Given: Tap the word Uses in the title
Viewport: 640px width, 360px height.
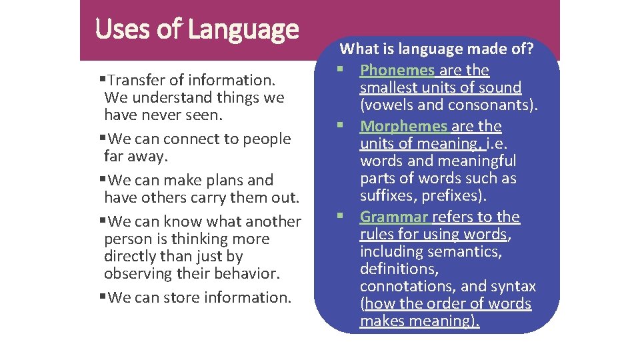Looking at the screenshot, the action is click(122, 29).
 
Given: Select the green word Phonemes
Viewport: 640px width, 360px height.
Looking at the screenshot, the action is click(397, 70).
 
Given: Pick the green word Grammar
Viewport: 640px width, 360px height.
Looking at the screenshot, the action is click(394, 217).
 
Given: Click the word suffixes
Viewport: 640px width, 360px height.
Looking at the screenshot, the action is click(388, 195).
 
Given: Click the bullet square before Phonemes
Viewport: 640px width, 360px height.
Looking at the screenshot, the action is click(340, 69).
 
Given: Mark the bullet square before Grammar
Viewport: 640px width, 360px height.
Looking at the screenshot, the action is click(340, 215).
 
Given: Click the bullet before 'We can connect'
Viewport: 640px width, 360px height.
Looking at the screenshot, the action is click(103, 137).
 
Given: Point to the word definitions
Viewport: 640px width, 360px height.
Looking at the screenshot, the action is click(399, 269).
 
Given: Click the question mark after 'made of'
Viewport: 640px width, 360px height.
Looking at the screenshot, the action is click(529, 49).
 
